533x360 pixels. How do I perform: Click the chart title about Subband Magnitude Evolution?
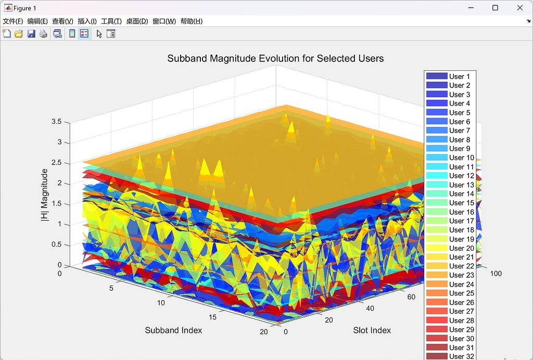275,58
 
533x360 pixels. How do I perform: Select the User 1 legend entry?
459,76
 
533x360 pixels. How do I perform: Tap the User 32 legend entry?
461,356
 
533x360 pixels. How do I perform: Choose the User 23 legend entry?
461,275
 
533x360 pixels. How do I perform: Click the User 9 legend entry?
459,149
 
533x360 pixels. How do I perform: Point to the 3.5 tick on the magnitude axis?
56,122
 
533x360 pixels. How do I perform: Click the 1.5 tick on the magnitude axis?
56,203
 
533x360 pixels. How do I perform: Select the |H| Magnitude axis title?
45,195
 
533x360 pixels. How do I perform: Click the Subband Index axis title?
173,330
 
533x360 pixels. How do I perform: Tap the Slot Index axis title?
372,330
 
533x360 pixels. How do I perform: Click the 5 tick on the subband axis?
111,288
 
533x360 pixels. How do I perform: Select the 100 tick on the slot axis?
496,274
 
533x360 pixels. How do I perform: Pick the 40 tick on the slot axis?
370,308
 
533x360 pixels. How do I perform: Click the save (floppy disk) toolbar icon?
31,34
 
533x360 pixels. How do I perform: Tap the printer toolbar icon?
43,34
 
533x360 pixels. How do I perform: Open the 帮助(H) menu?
191,21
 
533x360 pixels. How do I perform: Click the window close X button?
519,8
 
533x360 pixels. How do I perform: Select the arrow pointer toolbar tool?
99,34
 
